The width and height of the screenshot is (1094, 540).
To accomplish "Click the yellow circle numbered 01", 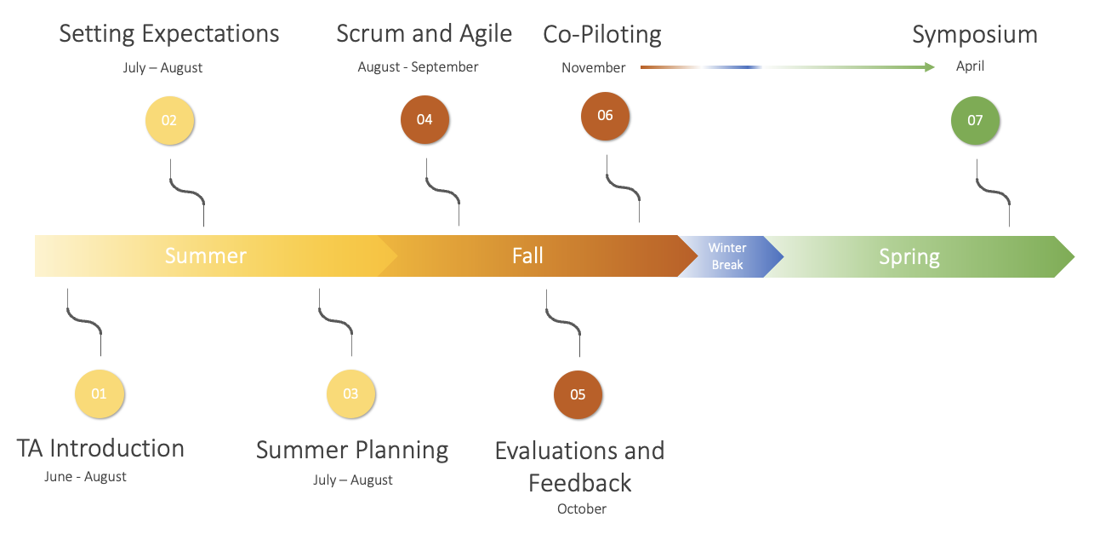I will (x=100, y=394).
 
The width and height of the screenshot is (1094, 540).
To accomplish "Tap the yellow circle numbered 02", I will (x=169, y=120).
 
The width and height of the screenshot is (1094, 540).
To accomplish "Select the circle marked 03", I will (x=350, y=394).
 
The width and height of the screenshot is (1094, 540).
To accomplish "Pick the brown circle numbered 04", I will (x=424, y=119).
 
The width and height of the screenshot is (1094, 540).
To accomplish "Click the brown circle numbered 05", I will (x=578, y=394).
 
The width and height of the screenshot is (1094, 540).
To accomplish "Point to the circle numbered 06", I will (x=605, y=116).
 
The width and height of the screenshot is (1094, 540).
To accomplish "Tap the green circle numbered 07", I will (x=975, y=120).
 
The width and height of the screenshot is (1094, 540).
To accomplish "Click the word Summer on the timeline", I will (x=205, y=256).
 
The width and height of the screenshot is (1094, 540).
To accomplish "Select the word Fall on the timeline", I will (x=527, y=256).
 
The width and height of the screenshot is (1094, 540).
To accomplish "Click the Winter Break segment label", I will (x=727, y=256).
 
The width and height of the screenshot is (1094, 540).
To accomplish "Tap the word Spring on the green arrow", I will (x=909, y=256).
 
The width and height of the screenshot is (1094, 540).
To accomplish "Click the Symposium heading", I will (x=975, y=35).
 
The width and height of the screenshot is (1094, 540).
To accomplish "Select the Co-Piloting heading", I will (x=602, y=35).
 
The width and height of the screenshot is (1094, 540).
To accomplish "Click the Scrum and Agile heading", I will (x=424, y=34).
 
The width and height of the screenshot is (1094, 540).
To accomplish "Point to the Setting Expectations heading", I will (x=169, y=34).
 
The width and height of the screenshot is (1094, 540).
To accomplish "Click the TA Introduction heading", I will (x=100, y=448).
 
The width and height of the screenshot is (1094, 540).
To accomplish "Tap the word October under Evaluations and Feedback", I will (x=582, y=508).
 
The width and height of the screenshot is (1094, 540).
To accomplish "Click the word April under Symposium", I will (x=970, y=66).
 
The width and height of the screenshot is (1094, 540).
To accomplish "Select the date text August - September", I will (x=418, y=66).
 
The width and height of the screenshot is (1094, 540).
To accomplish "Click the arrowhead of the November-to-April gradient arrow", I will (x=930, y=66).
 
